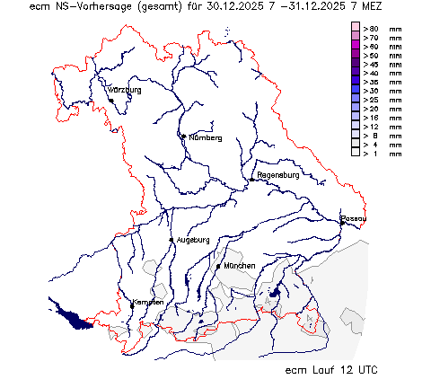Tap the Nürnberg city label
point(205,137)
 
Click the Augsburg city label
point(192,240)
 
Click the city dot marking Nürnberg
point(183,137)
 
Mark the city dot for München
point(218,266)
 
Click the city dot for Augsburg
point(172,240)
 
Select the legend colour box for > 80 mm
point(356,29)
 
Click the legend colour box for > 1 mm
point(356,154)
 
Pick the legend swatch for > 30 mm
point(356,91)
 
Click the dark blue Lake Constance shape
point(71,314)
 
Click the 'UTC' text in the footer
point(363,369)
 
